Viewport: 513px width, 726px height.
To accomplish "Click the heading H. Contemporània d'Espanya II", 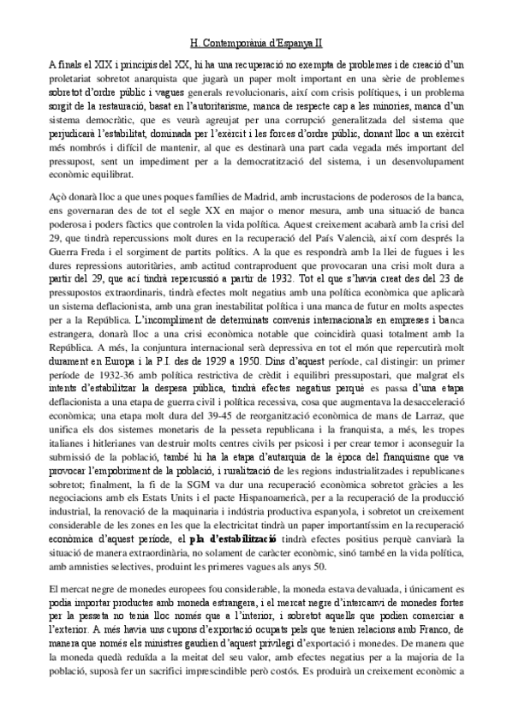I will point(256,39).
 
